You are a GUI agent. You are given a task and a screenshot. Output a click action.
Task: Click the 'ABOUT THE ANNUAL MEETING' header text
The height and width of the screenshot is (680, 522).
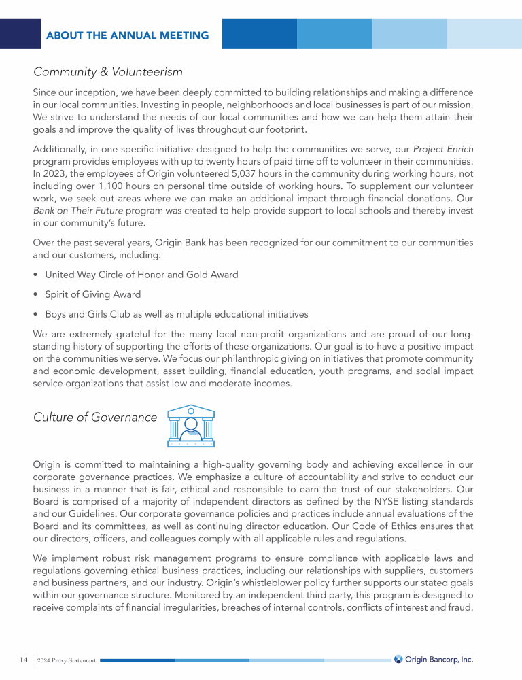tap(127, 35)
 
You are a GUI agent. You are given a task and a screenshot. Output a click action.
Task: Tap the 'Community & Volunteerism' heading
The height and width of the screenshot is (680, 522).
tap(108, 71)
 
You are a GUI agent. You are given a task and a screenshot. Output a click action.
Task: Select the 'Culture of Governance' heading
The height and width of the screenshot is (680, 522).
tap(94, 417)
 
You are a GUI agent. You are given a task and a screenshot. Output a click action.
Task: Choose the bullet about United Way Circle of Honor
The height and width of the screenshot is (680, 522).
tap(141, 275)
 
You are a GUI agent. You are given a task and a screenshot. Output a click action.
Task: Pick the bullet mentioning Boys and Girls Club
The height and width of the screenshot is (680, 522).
tap(177, 314)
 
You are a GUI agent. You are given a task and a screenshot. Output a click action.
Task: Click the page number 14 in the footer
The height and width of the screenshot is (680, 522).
tap(23, 660)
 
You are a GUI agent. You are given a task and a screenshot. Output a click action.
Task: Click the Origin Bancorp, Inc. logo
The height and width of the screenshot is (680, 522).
tap(434, 659)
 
